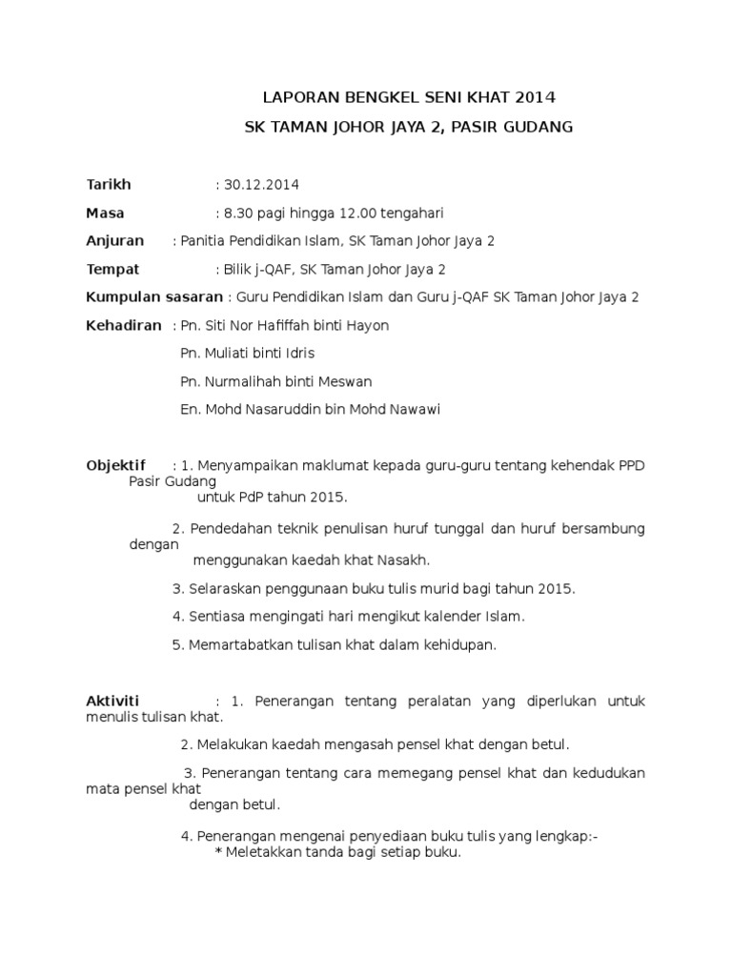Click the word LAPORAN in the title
tap(295, 97)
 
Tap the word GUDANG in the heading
tap(540, 126)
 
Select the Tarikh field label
tap(109, 184)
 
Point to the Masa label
tap(105, 213)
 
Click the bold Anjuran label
tap(115, 240)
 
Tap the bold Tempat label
tap(112, 269)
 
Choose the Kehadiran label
tap(124, 325)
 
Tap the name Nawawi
tap(415, 410)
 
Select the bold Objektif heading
tap(116, 465)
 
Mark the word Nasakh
tap(405, 559)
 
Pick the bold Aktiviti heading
tap(112, 701)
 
